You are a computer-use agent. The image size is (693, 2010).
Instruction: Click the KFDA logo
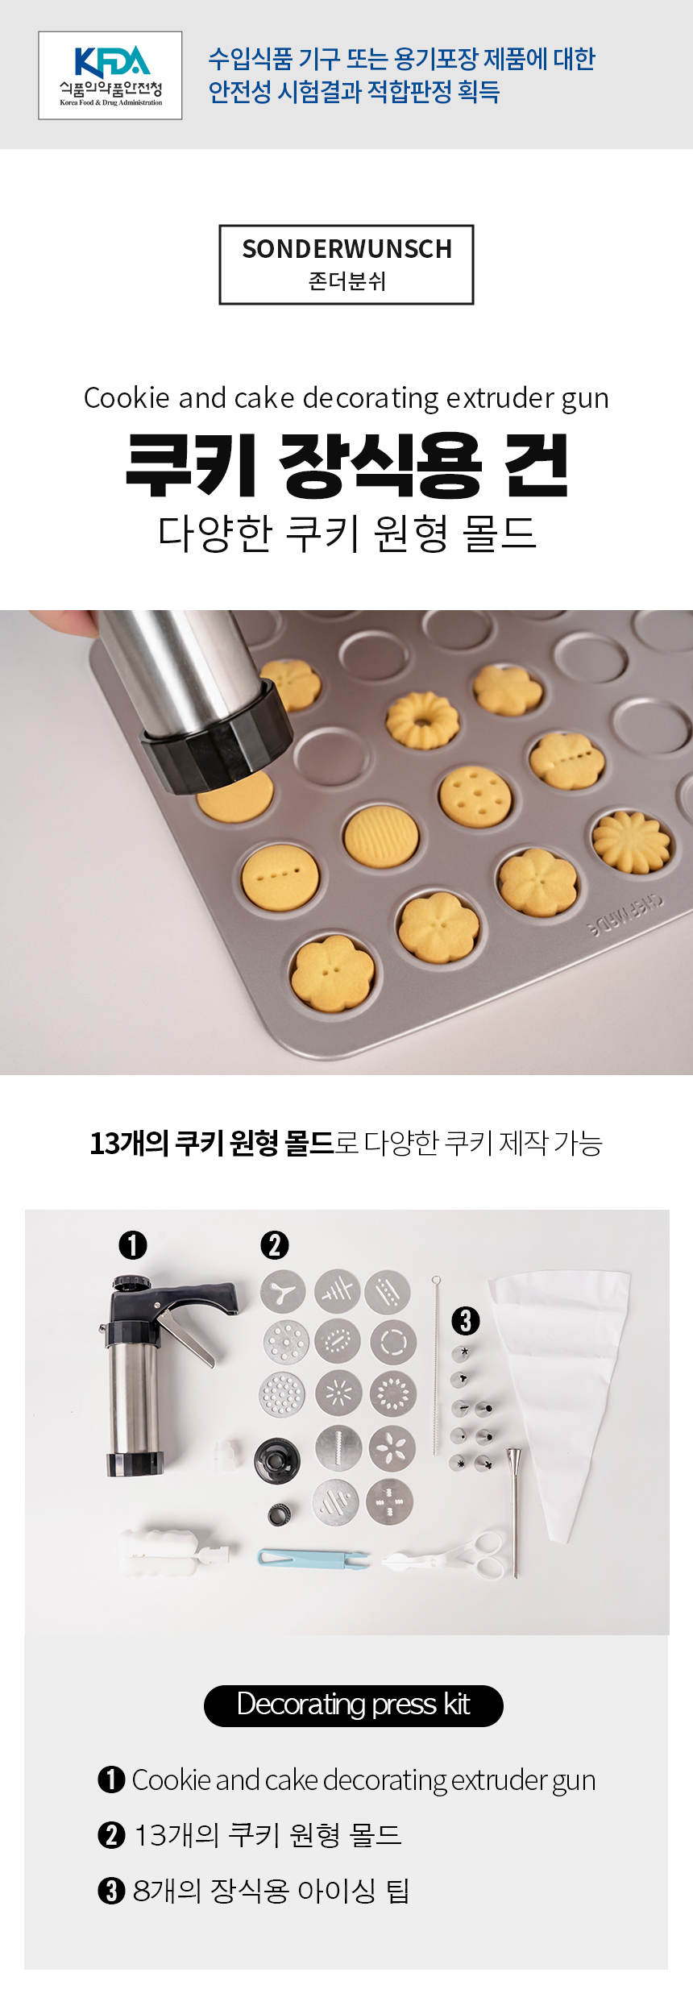point(110,76)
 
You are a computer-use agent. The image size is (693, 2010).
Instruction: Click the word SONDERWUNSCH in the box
point(346,249)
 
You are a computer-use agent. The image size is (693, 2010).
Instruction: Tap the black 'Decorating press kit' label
point(354,1705)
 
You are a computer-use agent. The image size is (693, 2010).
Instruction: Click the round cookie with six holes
point(475,795)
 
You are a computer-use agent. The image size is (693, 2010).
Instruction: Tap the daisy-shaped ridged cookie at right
point(631,842)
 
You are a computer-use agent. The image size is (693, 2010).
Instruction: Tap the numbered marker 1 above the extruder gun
point(133,1244)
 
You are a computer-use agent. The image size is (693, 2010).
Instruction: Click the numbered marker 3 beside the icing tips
point(465,1320)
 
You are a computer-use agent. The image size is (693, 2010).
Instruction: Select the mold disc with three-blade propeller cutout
point(283,1292)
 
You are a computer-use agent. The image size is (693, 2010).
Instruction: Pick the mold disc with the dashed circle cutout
point(393,1342)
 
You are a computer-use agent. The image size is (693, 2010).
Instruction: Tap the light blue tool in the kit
point(313,1558)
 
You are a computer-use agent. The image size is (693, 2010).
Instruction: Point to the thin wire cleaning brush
point(436,1365)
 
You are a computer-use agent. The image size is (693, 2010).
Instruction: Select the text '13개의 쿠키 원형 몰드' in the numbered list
point(268,1835)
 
